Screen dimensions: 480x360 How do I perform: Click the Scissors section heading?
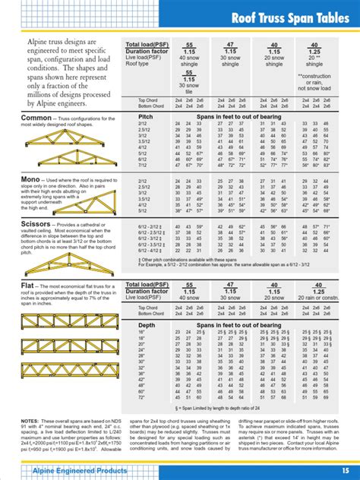tap(39, 226)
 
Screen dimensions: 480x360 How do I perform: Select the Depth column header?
tap(146, 326)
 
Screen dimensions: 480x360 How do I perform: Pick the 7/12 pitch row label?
tap(142, 164)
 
